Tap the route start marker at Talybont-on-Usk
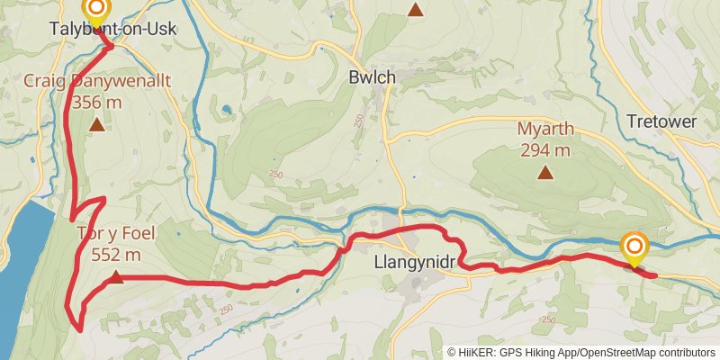click(x=95, y=10)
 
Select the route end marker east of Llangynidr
click(x=634, y=247)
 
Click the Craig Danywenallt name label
click(x=96, y=81)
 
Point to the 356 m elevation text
click(x=96, y=101)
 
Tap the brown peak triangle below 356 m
click(x=96, y=124)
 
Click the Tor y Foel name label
click(x=116, y=234)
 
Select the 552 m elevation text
click(x=116, y=255)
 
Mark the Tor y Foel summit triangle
click(x=116, y=276)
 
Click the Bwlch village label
click(x=372, y=78)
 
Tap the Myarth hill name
click(x=545, y=129)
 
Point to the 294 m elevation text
click(x=545, y=149)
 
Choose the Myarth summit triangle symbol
click(x=545, y=173)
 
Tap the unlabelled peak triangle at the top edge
click(x=415, y=10)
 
